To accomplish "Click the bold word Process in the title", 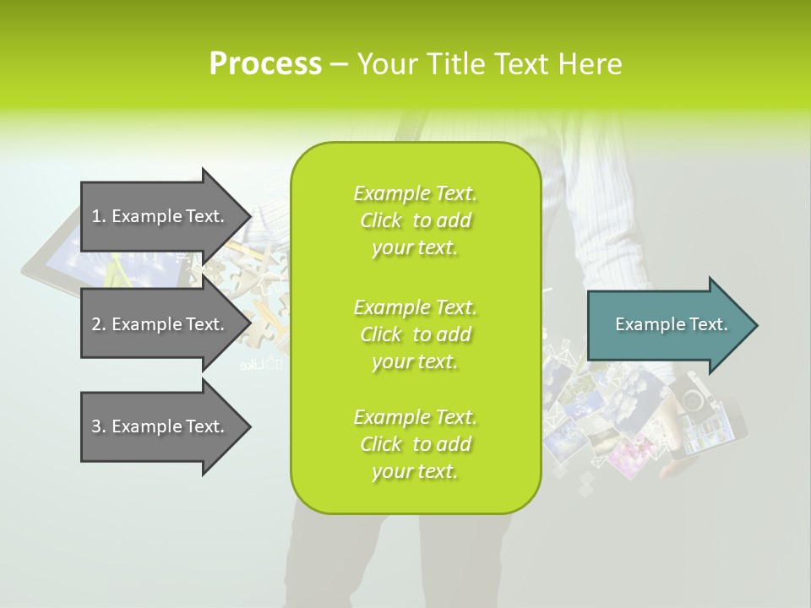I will pos(265,64).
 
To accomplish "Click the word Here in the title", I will pos(589,64).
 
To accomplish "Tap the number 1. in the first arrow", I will pos(99,216).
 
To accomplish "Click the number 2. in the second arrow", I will pos(99,324).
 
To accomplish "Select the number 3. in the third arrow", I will pos(99,426).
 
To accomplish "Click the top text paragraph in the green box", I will pos(415,220).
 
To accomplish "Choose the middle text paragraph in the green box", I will pos(415,334).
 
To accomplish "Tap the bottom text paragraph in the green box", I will pos(415,444).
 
